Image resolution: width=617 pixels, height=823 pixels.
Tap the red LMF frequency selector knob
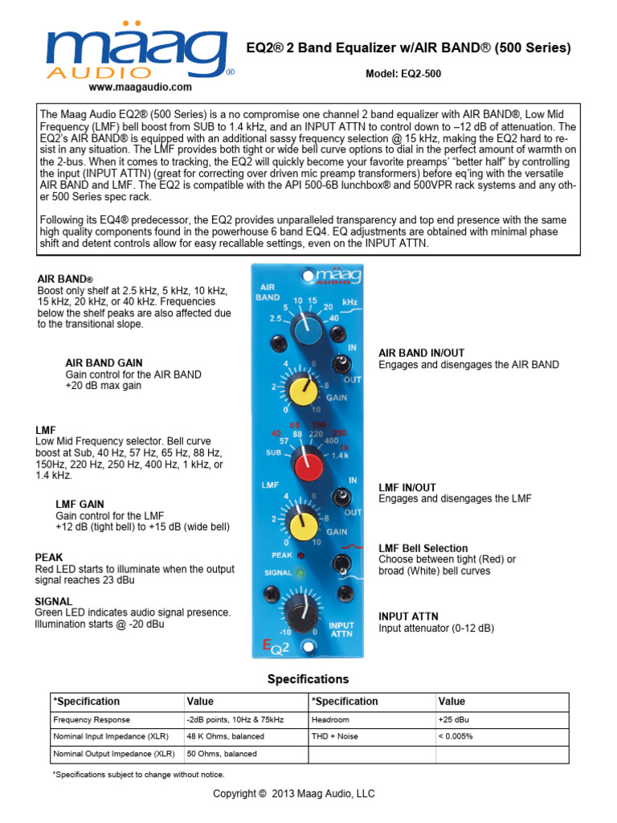[307, 464]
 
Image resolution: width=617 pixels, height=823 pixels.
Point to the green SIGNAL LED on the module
[300, 572]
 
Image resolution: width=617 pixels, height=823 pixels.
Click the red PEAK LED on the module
[300, 555]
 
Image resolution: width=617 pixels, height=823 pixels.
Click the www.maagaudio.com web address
[140, 87]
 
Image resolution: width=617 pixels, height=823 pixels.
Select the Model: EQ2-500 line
[403, 74]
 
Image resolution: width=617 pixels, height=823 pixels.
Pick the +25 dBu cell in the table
[455, 720]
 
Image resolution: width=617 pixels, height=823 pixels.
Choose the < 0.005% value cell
[456, 737]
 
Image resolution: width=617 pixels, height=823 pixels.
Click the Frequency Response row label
[92, 720]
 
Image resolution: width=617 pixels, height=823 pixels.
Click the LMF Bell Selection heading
[423, 547]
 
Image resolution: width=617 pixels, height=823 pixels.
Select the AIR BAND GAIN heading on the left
[104, 363]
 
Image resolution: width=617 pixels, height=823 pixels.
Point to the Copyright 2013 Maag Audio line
[293, 793]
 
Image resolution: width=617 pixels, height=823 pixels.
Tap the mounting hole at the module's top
[308, 276]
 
